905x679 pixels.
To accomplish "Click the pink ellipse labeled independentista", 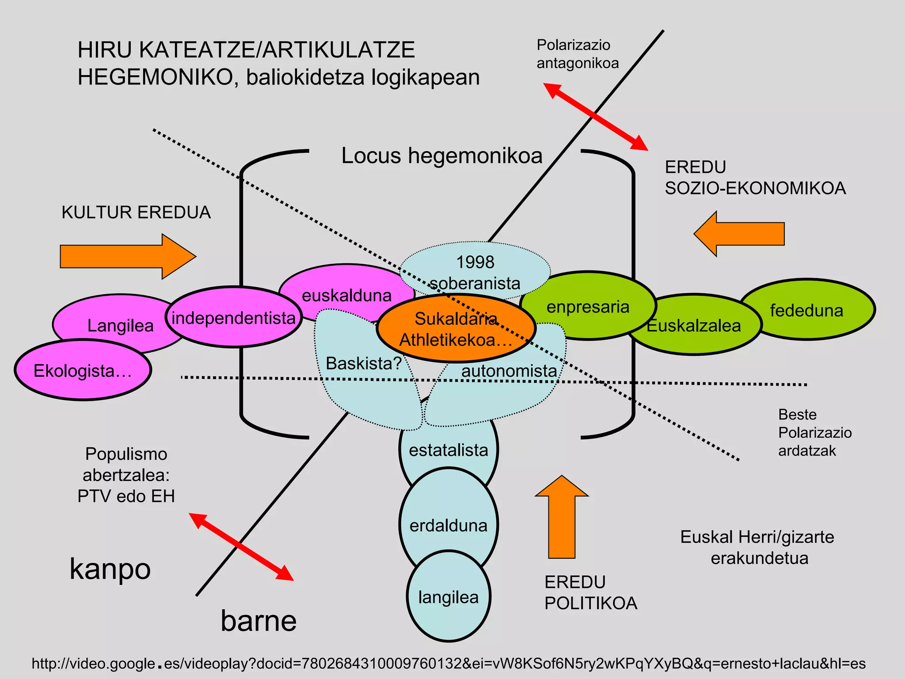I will coord(233,317).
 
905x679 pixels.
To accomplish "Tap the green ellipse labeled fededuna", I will coord(807,310).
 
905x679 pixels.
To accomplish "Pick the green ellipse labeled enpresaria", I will coord(588,306).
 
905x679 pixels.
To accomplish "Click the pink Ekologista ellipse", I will coord(83,370).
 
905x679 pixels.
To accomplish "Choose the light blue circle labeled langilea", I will coord(449,597).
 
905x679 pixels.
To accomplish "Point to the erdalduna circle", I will coord(449,525).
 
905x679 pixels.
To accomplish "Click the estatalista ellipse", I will coord(449,450).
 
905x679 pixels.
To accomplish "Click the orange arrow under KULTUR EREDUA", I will coord(127,256).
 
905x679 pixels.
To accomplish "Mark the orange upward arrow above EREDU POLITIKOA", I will coord(562,517).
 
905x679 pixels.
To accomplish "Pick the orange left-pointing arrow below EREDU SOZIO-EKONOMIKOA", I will coord(739,234).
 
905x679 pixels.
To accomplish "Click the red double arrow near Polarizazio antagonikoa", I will coord(595,116).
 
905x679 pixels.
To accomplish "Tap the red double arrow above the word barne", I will coord(241,546).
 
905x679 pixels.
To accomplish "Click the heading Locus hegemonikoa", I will coord(441,156).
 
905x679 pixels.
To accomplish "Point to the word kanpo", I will coord(110,569).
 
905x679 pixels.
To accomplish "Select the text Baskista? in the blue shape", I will coord(363,363).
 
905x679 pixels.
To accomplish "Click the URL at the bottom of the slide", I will coord(448,664).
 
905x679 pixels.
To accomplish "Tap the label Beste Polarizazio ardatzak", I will coord(814,432).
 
